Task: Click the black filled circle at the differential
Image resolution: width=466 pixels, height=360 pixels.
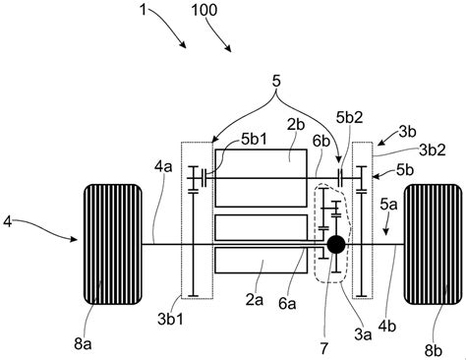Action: click(336, 244)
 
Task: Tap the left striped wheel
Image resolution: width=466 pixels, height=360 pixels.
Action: click(113, 244)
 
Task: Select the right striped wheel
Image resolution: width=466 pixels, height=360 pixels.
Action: click(433, 244)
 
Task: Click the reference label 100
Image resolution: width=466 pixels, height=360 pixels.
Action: click(204, 10)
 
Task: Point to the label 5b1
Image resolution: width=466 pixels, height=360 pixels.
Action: click(254, 139)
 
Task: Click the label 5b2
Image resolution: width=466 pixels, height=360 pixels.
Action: click(350, 117)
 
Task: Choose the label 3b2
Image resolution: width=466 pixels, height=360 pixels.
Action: click(433, 150)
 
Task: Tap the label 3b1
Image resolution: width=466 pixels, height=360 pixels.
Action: click(170, 319)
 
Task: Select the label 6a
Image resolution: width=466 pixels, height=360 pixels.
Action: click(287, 304)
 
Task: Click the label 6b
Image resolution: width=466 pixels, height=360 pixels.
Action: click(321, 141)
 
